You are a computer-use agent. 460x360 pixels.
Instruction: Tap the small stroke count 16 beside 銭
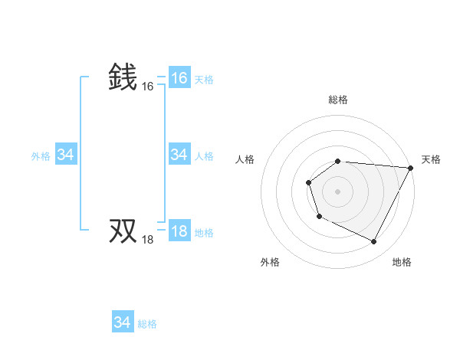[148, 87]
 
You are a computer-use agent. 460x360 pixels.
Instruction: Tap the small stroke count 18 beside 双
[148, 240]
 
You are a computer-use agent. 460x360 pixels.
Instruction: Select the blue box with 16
[179, 77]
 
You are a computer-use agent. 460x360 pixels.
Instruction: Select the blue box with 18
[179, 231]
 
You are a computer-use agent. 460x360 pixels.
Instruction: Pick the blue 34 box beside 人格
[179, 155]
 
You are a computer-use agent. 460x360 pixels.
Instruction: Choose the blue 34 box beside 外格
[65, 155]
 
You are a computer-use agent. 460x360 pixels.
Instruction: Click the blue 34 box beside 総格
[122, 322]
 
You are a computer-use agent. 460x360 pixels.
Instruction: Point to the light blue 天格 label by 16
[204, 79]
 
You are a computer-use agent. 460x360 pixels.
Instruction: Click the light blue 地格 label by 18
[204, 233]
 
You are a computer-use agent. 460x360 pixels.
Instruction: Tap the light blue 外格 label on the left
[41, 156]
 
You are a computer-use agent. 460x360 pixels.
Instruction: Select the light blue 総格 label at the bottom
[147, 324]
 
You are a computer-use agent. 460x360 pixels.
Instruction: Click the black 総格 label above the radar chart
[338, 100]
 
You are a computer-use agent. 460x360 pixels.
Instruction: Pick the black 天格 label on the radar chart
[431, 159]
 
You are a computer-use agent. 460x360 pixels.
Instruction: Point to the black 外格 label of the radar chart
[270, 262]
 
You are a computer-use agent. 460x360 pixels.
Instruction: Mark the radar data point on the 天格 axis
[412, 168]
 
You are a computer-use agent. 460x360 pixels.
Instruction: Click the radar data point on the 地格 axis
[374, 242]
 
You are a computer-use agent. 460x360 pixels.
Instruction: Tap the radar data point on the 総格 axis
[338, 161]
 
